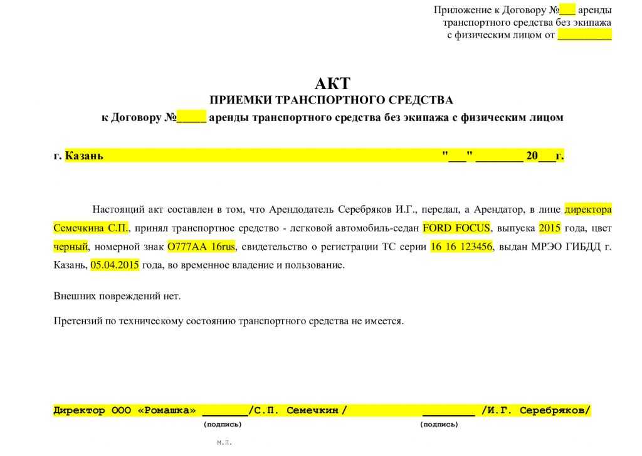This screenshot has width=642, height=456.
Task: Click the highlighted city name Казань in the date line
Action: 84,156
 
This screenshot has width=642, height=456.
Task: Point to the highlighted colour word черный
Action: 71,246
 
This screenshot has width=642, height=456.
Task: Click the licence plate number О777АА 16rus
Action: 201,246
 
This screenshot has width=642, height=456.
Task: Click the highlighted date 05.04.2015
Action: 115,265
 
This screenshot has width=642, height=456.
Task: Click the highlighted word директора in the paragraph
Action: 587,209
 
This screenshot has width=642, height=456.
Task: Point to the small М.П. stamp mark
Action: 224,443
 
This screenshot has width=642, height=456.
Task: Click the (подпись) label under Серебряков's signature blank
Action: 439,425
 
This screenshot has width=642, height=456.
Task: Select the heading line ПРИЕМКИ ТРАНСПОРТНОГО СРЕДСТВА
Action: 330,100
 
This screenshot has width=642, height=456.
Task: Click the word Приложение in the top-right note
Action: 461,10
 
